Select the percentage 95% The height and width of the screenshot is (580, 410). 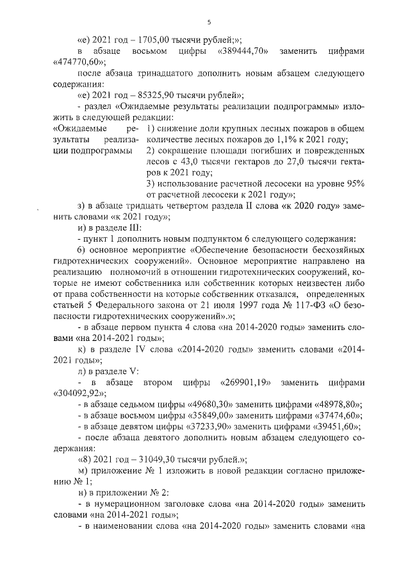[x=354, y=184]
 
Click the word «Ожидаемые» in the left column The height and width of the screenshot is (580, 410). [x=72, y=129]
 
